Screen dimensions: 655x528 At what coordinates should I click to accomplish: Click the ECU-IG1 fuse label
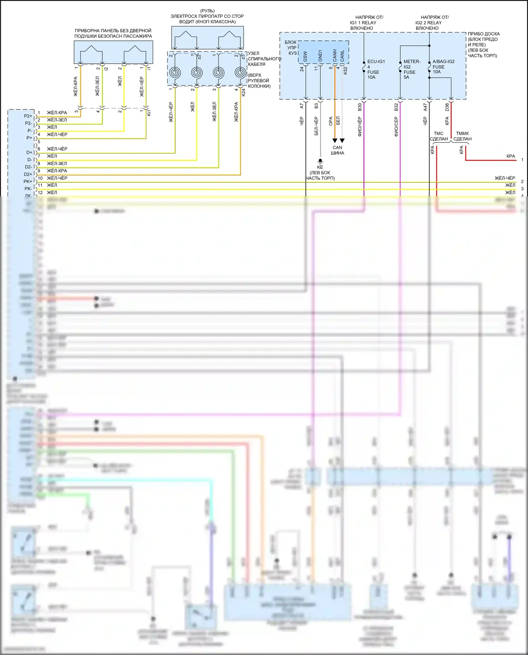pyautogui.click(x=376, y=62)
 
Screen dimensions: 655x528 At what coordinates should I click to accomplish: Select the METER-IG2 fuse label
pyautogui.click(x=411, y=62)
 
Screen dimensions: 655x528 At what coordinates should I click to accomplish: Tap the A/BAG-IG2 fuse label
pyautogui.click(x=443, y=62)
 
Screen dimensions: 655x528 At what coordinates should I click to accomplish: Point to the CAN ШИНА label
pyautogui.click(x=337, y=150)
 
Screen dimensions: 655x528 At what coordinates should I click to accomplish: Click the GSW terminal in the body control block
pyautogui.click(x=305, y=56)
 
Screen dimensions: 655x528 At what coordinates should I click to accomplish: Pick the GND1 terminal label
pyautogui.click(x=320, y=56)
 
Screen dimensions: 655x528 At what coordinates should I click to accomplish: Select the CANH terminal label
pyautogui.click(x=335, y=55)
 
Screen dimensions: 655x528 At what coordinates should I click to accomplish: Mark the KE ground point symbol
pyautogui.click(x=320, y=161)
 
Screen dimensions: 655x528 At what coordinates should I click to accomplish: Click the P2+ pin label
pyautogui.click(x=28, y=116)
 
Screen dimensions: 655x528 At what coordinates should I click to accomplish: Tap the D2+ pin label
pyautogui.click(x=28, y=174)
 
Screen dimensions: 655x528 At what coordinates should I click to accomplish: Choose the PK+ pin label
pyautogui.click(x=27, y=182)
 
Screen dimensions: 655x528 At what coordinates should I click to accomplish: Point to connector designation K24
pyautogui.click(x=243, y=92)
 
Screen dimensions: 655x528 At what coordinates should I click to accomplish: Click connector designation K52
pyautogui.click(x=345, y=70)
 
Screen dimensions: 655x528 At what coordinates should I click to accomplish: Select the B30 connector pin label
pyautogui.click(x=360, y=107)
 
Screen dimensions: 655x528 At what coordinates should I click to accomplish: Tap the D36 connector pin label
pyautogui.click(x=447, y=107)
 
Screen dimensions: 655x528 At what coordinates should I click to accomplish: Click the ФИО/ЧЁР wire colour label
pyautogui.click(x=360, y=127)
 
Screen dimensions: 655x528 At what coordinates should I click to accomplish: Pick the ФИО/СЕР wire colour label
pyautogui.click(x=396, y=127)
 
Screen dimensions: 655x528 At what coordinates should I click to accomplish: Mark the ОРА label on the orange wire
pyautogui.click(x=331, y=121)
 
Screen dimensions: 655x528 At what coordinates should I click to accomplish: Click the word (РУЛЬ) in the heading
pyautogui.click(x=207, y=11)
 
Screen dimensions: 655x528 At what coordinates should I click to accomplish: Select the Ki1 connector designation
pyautogui.click(x=149, y=113)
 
